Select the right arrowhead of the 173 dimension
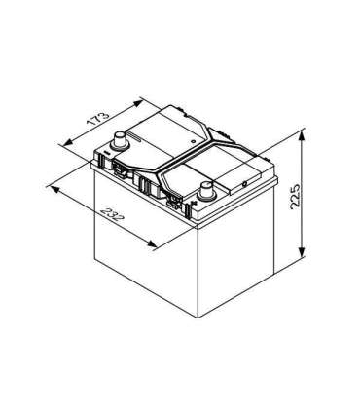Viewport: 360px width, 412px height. [142, 99]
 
